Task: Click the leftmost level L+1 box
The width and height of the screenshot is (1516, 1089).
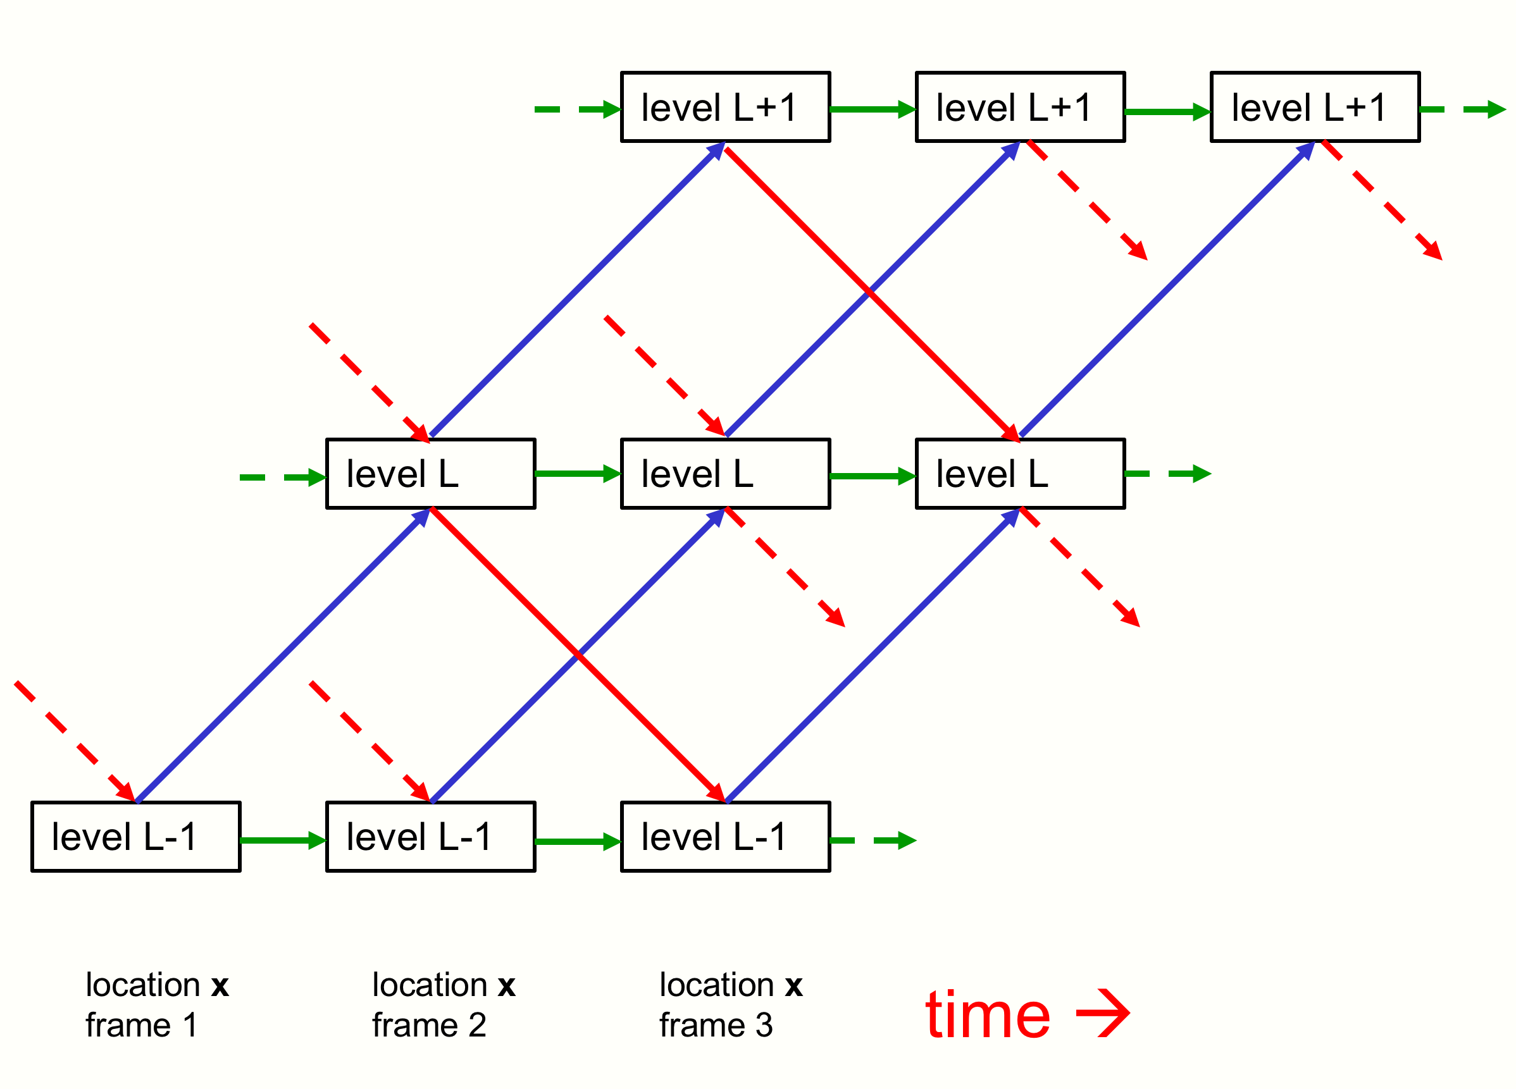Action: coord(725,107)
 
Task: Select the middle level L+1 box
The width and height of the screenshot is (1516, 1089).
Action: coord(1020,107)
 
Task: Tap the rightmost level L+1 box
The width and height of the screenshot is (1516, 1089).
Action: coord(1315,107)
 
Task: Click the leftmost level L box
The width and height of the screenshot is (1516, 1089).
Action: coord(430,474)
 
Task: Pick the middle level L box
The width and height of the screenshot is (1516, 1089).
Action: coord(725,474)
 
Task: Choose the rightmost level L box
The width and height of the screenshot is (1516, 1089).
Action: coord(1020,474)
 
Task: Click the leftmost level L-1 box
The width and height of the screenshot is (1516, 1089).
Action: coord(135,837)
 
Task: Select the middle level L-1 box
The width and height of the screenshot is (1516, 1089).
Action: coord(430,837)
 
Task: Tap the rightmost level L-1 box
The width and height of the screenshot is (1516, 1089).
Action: coord(725,837)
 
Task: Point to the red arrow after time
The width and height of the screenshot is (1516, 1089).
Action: coord(1103,1014)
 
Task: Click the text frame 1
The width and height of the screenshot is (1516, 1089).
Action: coord(142,1025)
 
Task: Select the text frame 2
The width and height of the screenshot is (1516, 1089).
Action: coord(429,1025)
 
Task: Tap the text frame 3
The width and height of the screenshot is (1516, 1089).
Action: coord(716,1025)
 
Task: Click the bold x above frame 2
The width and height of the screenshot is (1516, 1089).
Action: coord(506,986)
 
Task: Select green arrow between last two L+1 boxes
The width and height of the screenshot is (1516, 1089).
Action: coord(1168,111)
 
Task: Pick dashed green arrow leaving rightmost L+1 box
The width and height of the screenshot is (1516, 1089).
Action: coord(1462,109)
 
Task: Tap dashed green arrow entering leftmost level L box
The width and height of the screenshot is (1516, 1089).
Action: coord(283,477)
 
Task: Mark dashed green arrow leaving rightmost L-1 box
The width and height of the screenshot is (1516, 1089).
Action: coord(873,840)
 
